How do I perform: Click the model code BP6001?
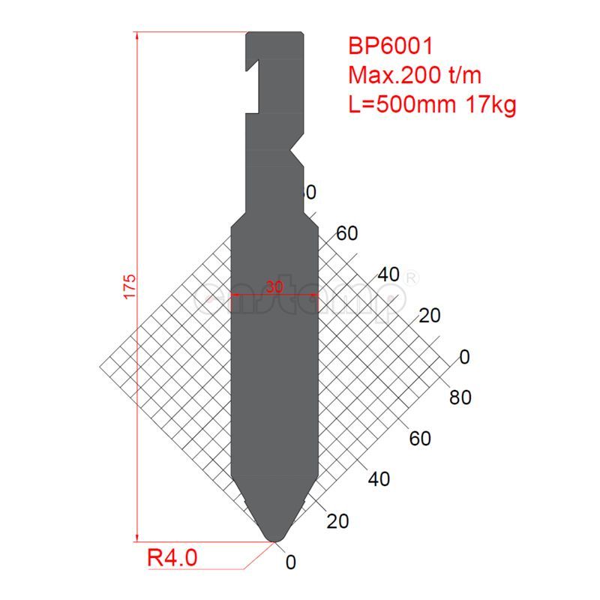pos(390,46)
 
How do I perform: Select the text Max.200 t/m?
pos(414,75)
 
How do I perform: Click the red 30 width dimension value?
pos(274,286)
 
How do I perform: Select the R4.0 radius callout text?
pos(172,558)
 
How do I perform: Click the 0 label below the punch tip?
pos(291,562)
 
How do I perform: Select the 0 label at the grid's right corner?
pos(464,357)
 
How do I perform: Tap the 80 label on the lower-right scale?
pos(460,397)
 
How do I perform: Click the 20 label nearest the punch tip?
pos(338,520)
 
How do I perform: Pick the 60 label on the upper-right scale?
pos(346,234)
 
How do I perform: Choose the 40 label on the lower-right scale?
pos(379,478)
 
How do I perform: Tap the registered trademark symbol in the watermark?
pos(411,278)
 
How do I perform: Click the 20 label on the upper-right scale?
pos(429,316)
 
